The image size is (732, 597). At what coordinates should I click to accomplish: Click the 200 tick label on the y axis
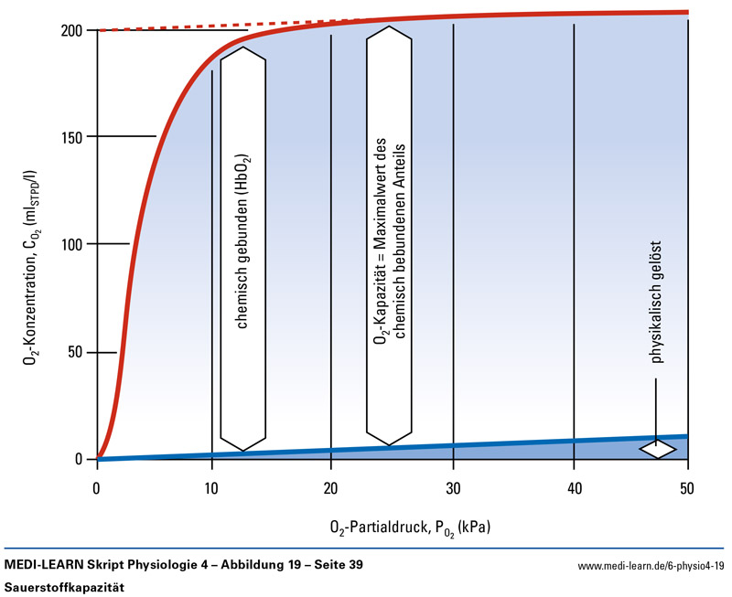pos(72,30)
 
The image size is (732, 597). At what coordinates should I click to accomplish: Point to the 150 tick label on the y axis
pos(72,137)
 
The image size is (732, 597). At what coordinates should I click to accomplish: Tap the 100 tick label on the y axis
pos(72,244)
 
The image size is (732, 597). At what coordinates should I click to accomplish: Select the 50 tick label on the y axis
pos(76,352)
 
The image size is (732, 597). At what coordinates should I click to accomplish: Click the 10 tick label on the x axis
pos(212,488)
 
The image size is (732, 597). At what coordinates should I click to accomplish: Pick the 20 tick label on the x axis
pos(331,488)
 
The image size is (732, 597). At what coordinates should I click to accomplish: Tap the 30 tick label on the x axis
pos(452,488)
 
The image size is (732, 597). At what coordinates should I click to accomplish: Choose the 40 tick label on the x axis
pos(573,488)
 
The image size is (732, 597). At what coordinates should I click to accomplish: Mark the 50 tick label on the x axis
pos(688,488)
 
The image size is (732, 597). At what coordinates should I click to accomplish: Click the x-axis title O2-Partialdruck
pos(415,528)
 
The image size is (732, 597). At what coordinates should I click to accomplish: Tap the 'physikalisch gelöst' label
pos(657,302)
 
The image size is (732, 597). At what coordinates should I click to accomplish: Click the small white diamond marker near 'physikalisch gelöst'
pos(658,449)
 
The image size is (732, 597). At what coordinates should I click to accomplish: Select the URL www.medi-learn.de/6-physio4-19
pos(651,567)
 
